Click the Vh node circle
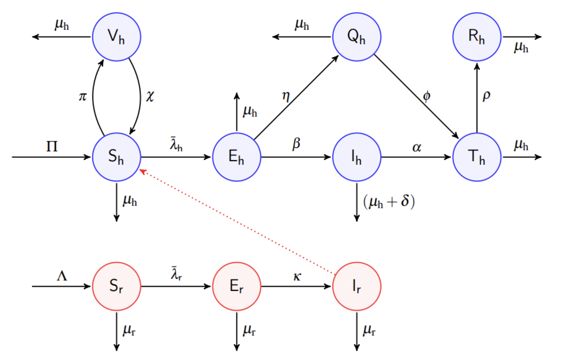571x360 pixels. click(116, 37)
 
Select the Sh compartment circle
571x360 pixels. click(116, 157)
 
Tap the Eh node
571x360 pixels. click(237, 157)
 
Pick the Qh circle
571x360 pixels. click(356, 37)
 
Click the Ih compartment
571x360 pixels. click(356, 157)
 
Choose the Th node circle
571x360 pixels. click(477, 157)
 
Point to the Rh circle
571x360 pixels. click(477, 37)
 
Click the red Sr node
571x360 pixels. click(116, 286)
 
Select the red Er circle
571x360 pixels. click(237, 286)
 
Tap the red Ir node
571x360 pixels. click(356, 286)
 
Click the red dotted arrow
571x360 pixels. click(238, 222)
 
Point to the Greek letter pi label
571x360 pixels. click(83, 96)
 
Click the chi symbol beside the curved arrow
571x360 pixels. click(150, 96)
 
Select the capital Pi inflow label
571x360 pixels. click(52, 146)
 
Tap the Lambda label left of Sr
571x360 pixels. click(62, 275)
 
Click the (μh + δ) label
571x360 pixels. click(389, 202)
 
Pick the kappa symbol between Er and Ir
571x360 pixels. click(297, 276)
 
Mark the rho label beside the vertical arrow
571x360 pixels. click(486, 96)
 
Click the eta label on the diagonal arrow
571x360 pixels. click(286, 96)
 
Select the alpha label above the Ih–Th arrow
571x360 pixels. click(417, 147)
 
